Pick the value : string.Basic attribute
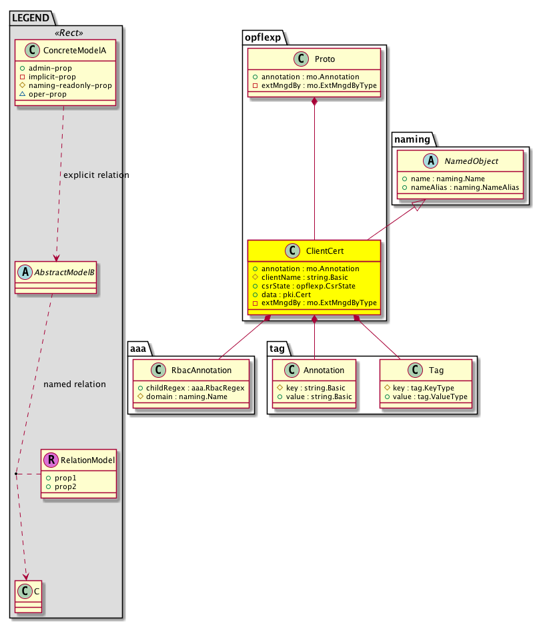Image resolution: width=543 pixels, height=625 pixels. coord(313,396)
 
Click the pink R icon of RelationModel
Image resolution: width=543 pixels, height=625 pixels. coord(50,459)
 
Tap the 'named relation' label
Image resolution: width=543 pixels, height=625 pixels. coord(74,384)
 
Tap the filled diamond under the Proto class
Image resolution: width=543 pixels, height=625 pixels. coord(314,101)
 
